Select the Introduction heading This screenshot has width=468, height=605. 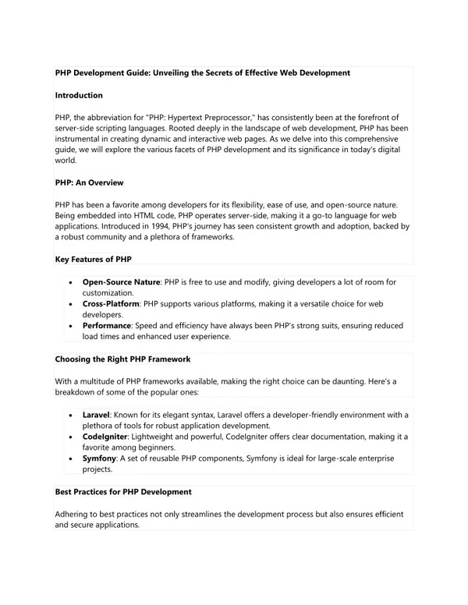point(79,95)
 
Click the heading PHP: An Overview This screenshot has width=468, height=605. point(89,182)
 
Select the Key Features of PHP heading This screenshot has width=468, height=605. point(93,259)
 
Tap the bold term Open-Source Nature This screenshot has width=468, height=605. point(121,282)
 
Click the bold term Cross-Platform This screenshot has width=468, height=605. point(111,304)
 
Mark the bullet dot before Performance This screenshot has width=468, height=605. point(71,326)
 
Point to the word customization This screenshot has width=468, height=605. point(108,293)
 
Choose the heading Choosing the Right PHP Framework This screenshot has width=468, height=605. point(122,359)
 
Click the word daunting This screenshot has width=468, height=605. point(343,381)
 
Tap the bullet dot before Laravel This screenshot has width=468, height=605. point(71,416)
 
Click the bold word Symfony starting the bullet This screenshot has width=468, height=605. point(99,459)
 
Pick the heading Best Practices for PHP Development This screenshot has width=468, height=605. point(123,492)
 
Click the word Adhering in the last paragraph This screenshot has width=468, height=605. point(73,515)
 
